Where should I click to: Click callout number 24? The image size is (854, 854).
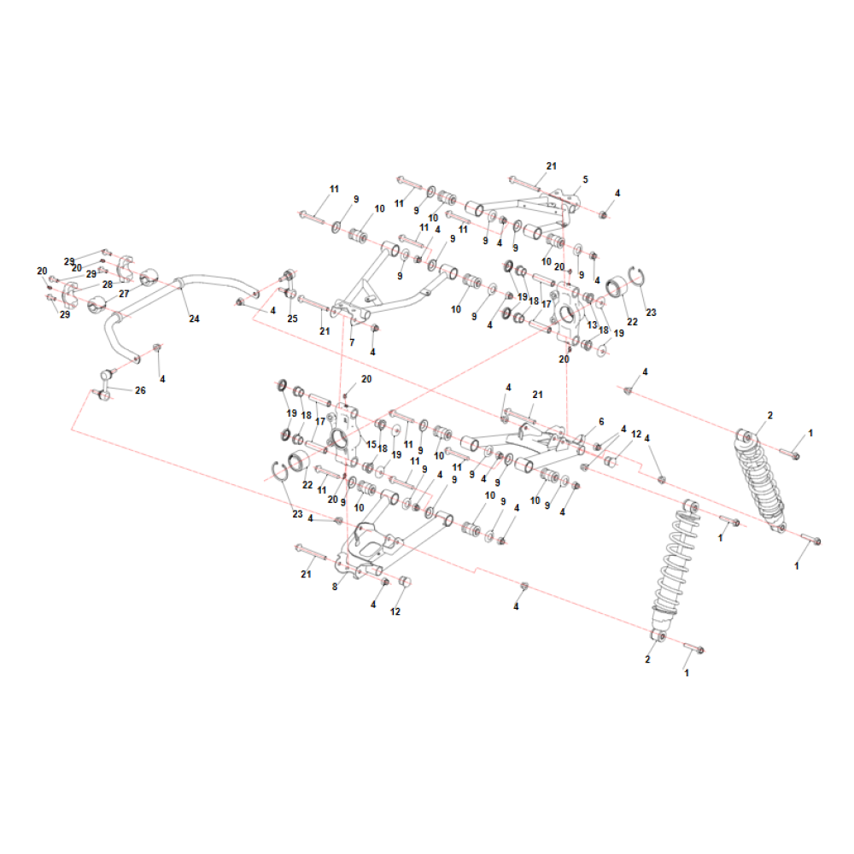click(x=195, y=319)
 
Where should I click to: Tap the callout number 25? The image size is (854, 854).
click(x=292, y=319)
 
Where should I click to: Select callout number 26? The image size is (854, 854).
click(x=140, y=390)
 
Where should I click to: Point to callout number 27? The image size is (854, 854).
click(x=124, y=294)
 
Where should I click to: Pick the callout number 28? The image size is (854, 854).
click(x=108, y=284)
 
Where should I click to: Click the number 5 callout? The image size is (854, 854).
click(x=586, y=179)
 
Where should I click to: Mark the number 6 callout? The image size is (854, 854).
click(x=601, y=422)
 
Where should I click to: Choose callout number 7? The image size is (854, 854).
click(x=352, y=342)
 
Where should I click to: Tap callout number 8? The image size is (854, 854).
click(x=335, y=587)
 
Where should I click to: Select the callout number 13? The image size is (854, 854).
click(x=592, y=325)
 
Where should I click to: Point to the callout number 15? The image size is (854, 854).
click(x=371, y=444)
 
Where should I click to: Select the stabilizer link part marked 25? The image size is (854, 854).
click(x=289, y=284)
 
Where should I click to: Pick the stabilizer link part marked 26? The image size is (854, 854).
click(x=106, y=383)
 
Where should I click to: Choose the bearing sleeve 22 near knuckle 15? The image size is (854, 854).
click(x=297, y=462)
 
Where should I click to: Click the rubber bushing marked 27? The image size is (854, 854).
click(x=97, y=305)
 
